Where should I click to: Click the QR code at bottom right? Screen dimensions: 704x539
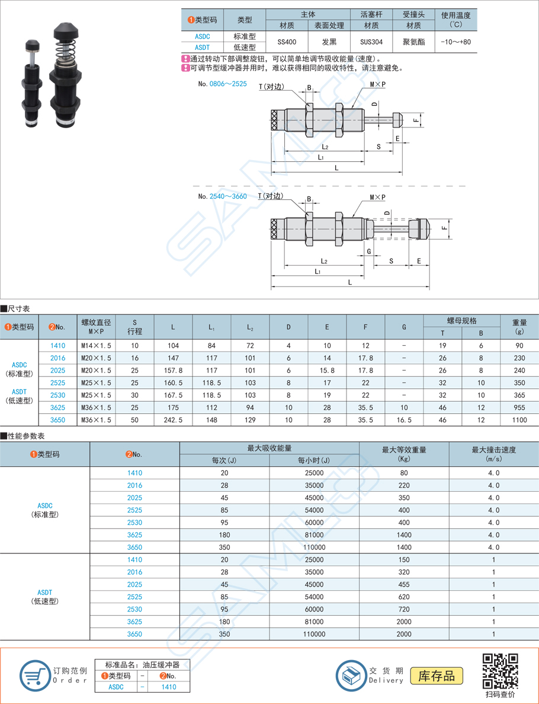click(x=500, y=670)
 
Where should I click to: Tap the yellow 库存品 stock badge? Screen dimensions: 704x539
click(x=437, y=676)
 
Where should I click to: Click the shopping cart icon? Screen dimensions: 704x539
click(x=34, y=676)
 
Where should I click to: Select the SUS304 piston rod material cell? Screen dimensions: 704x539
click(x=371, y=42)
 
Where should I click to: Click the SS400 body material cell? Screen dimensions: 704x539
click(x=287, y=42)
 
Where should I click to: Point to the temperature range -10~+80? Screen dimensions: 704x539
click(x=455, y=42)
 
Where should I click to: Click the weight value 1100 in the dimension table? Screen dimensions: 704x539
click(x=519, y=420)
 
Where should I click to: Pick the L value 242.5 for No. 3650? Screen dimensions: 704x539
click(x=173, y=420)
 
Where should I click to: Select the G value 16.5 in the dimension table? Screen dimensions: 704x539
click(x=403, y=420)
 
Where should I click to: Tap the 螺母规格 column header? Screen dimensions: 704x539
click(x=461, y=321)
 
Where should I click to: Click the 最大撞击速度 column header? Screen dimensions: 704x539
click(x=493, y=450)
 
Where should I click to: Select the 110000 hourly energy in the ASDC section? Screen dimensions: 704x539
click(x=314, y=547)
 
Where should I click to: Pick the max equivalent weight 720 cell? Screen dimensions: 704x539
click(x=404, y=610)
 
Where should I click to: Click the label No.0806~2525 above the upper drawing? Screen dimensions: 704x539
click(x=222, y=84)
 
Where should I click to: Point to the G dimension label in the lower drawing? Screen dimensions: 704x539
click(x=369, y=251)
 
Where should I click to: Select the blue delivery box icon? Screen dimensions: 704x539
click(x=351, y=676)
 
